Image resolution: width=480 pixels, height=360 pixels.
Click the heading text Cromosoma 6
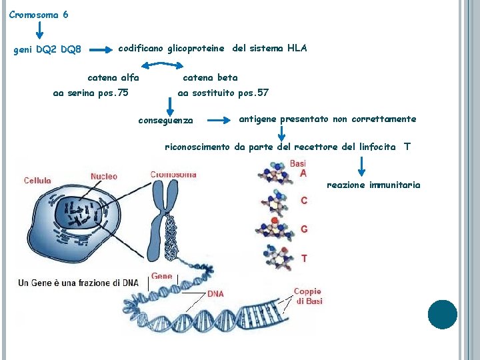(x=38, y=14)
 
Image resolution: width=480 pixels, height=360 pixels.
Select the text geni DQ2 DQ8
(x=47, y=50)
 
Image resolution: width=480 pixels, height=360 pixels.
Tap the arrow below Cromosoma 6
(x=39, y=30)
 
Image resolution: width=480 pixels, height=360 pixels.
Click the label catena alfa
(x=113, y=77)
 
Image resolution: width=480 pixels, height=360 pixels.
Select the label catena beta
(x=210, y=77)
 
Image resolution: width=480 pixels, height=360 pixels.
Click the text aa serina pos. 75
(x=91, y=93)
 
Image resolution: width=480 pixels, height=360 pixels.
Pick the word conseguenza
(x=165, y=121)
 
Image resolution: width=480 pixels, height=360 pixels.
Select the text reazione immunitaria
(x=373, y=185)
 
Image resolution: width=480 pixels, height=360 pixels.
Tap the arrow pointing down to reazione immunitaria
(x=361, y=165)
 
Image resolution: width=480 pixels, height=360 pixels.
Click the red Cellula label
(x=37, y=180)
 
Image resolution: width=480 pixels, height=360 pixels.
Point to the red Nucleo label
(x=103, y=177)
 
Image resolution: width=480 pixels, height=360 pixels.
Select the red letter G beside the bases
(x=304, y=229)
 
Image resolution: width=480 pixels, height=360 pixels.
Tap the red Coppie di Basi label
(x=308, y=296)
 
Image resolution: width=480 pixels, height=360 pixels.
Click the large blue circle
(x=442, y=315)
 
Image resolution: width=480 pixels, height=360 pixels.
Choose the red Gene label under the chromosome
(x=162, y=276)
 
